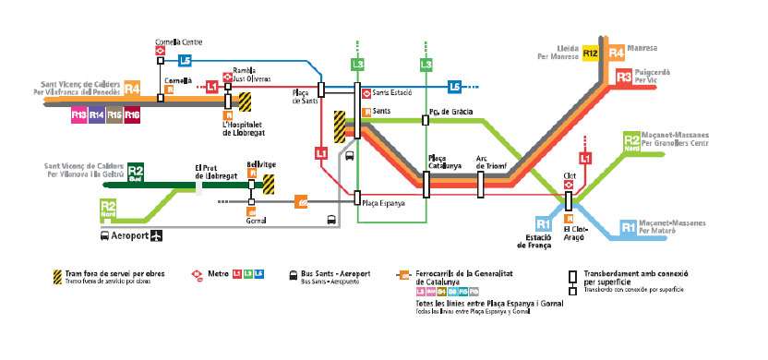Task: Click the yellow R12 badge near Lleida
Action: (591, 55)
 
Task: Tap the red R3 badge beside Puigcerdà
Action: (623, 77)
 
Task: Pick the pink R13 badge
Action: (78, 114)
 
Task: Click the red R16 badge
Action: (132, 114)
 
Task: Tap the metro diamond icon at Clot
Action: (570, 184)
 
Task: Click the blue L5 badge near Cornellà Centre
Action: (186, 60)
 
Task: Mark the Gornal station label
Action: (256, 221)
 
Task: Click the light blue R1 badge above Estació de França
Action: (544, 224)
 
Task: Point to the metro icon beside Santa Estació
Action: (366, 92)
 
